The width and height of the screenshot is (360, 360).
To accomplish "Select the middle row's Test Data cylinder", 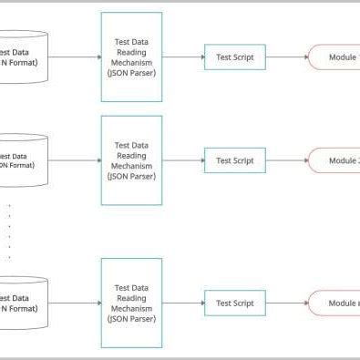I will [x=23, y=159].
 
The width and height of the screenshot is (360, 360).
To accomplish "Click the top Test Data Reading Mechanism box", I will [x=131, y=57].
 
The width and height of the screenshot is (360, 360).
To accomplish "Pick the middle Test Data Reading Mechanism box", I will [x=131, y=159].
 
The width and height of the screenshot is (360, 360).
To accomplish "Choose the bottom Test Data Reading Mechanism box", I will [x=131, y=303].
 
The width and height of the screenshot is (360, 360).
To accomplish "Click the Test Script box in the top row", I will [x=235, y=57].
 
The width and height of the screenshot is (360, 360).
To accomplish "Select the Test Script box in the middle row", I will [x=235, y=160].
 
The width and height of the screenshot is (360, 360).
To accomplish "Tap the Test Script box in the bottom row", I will [x=235, y=303].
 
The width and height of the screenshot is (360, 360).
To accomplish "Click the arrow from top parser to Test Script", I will [x=183, y=57].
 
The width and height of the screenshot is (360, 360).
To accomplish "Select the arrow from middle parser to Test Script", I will [x=183, y=160].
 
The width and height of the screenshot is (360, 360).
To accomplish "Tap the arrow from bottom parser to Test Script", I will [x=183, y=303].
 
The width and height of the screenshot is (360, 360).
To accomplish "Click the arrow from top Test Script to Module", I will [x=288, y=57].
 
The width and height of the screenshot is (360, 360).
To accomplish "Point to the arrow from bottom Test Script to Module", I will [x=288, y=303].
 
